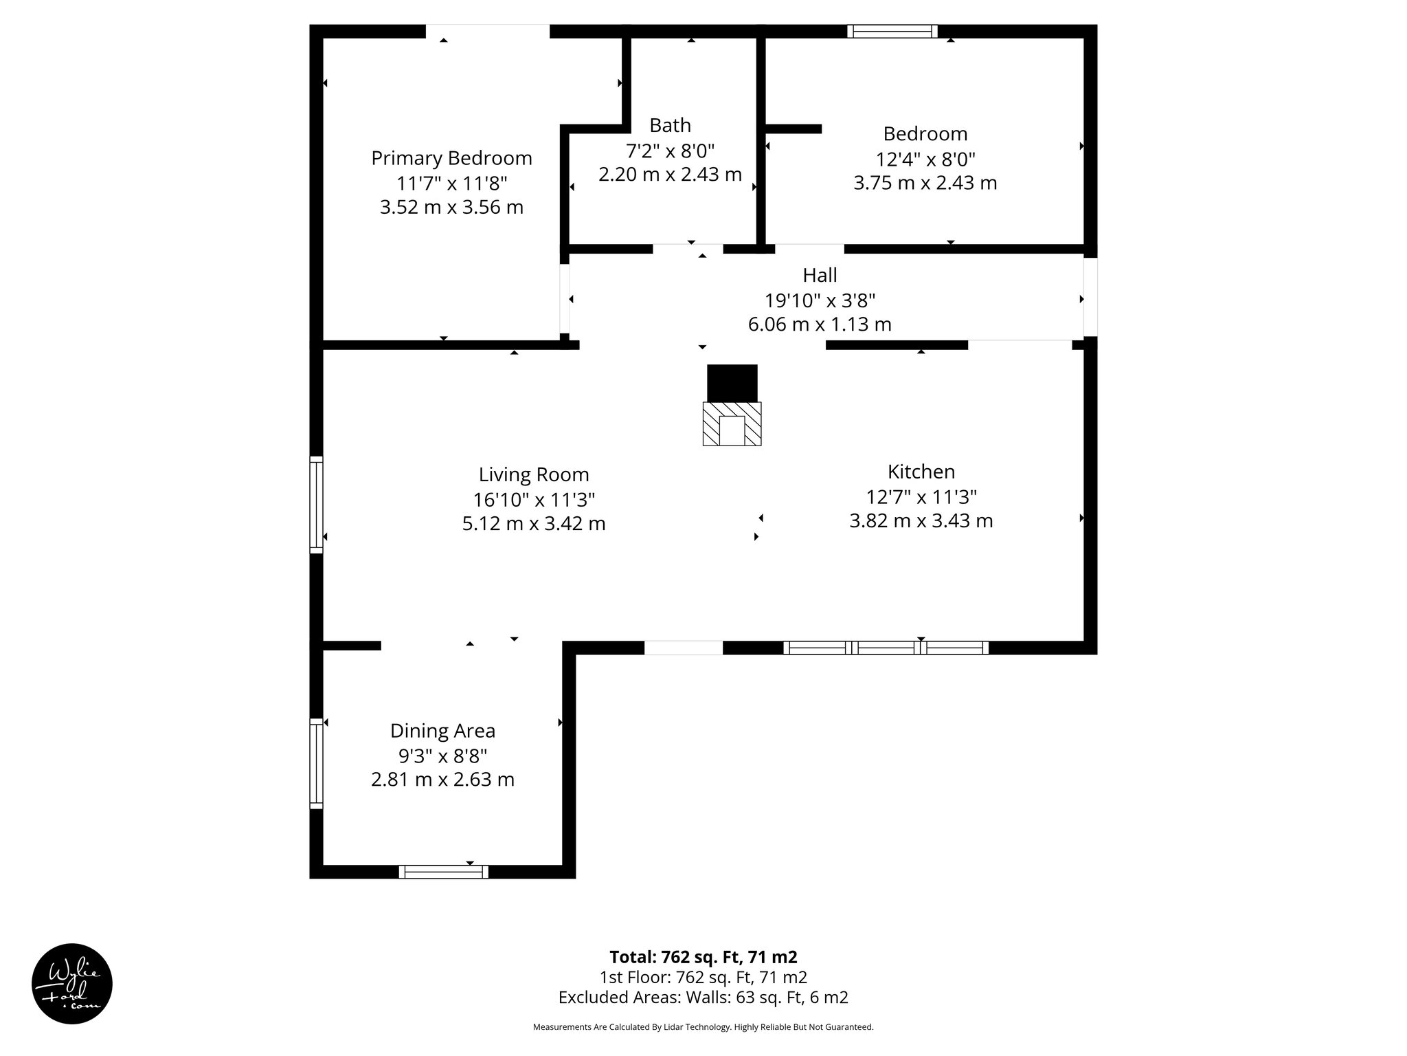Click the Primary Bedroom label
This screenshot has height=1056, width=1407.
451,158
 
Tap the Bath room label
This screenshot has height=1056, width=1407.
670,125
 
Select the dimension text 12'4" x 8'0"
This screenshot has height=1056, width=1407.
925,159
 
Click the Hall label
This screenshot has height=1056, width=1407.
820,275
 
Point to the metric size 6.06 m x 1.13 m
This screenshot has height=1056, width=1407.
820,324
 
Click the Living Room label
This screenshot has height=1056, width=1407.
534,474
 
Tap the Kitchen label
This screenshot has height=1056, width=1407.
921,472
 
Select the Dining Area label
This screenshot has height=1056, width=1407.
442,730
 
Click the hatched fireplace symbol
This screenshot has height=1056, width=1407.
732,424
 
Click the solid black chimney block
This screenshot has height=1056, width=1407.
732,383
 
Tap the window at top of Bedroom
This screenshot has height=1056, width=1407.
892,31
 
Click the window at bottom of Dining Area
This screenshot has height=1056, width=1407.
443,872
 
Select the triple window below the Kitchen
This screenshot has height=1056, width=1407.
886,647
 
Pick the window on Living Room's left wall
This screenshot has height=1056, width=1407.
316,504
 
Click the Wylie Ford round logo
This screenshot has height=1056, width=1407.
72,984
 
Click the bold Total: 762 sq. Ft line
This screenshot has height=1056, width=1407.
703,957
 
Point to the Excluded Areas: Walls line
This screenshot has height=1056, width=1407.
703,997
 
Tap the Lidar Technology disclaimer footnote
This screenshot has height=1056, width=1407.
703,1027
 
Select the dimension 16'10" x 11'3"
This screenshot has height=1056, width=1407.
534,499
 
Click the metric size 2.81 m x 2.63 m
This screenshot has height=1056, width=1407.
442,779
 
